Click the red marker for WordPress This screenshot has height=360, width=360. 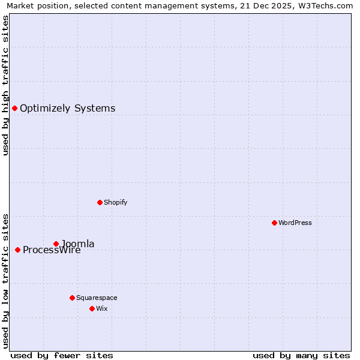click(274, 223)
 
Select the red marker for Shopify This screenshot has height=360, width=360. click(100, 202)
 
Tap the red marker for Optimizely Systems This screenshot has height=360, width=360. click(14, 108)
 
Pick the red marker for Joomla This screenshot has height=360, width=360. click(56, 244)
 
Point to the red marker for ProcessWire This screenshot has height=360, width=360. click(17, 250)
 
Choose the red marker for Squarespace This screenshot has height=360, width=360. click(72, 298)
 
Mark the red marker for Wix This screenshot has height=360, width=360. click(92, 308)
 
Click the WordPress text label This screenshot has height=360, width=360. click(295, 223)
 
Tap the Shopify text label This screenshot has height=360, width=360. click(116, 202)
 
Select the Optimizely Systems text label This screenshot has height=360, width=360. click(68, 108)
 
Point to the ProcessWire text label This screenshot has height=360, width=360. click(52, 250)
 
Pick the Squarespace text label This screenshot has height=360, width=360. click(97, 298)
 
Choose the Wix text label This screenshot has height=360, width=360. click(102, 308)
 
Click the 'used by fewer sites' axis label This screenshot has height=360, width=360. click(62, 355)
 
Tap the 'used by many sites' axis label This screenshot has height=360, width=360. click(301, 355)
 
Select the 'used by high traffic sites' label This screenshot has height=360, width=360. click(5, 85)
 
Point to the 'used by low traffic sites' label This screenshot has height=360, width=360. click(5, 280)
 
